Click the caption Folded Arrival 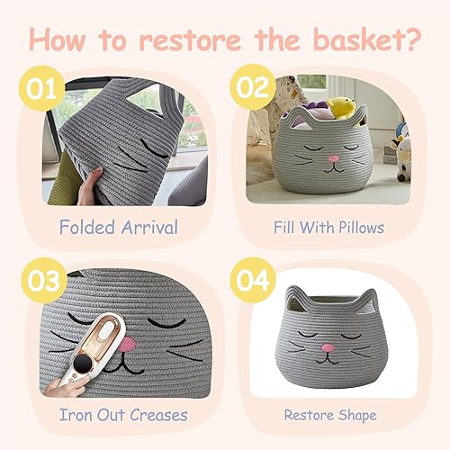click(x=117, y=228)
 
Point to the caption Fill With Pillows click(x=328, y=228)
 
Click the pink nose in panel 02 click(x=334, y=158)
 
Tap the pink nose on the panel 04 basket click(x=329, y=346)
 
